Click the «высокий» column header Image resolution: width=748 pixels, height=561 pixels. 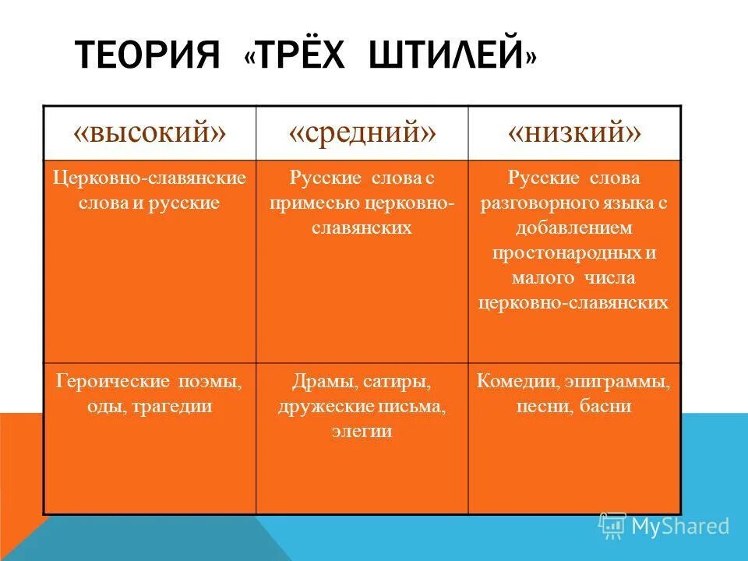click(150, 132)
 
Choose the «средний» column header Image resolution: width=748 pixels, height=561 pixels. click(362, 132)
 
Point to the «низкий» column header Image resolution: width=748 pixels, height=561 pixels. click(575, 132)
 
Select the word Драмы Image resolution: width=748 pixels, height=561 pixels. click(320, 382)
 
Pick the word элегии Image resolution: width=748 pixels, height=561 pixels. click(362, 431)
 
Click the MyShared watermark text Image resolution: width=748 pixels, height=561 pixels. click(679, 527)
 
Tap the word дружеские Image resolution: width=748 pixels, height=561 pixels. click(320, 406)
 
